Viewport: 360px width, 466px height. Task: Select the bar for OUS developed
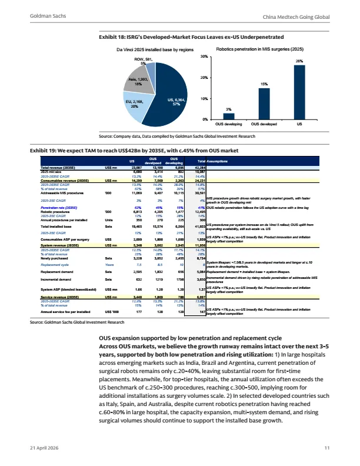(264, 104)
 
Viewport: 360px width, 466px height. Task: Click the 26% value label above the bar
(298, 61)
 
